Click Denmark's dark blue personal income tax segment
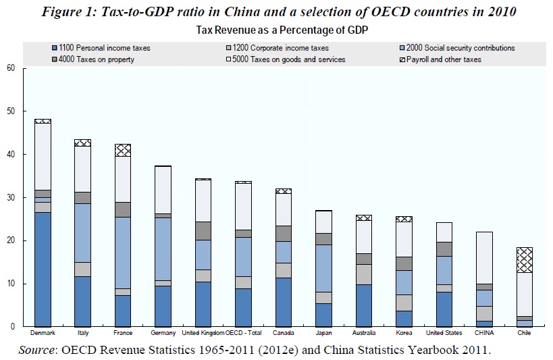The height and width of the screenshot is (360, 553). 43,269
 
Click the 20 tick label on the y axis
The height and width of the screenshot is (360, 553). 11,240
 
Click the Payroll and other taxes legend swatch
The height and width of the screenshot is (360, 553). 401,59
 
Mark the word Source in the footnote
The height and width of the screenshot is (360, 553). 41,349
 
